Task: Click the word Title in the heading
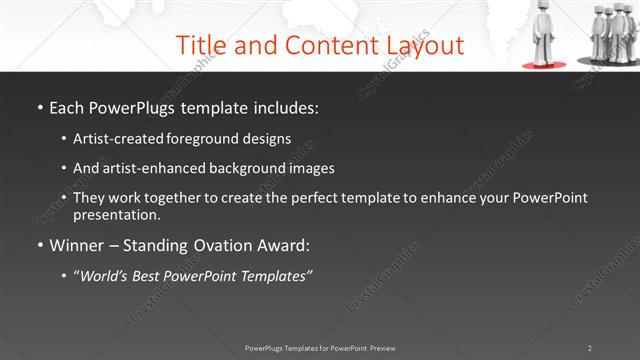coord(202,45)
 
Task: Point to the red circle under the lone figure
coord(544,64)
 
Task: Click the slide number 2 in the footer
coord(590,348)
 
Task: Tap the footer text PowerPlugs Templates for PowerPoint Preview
coord(320,348)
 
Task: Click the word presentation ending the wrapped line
coord(116,214)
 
